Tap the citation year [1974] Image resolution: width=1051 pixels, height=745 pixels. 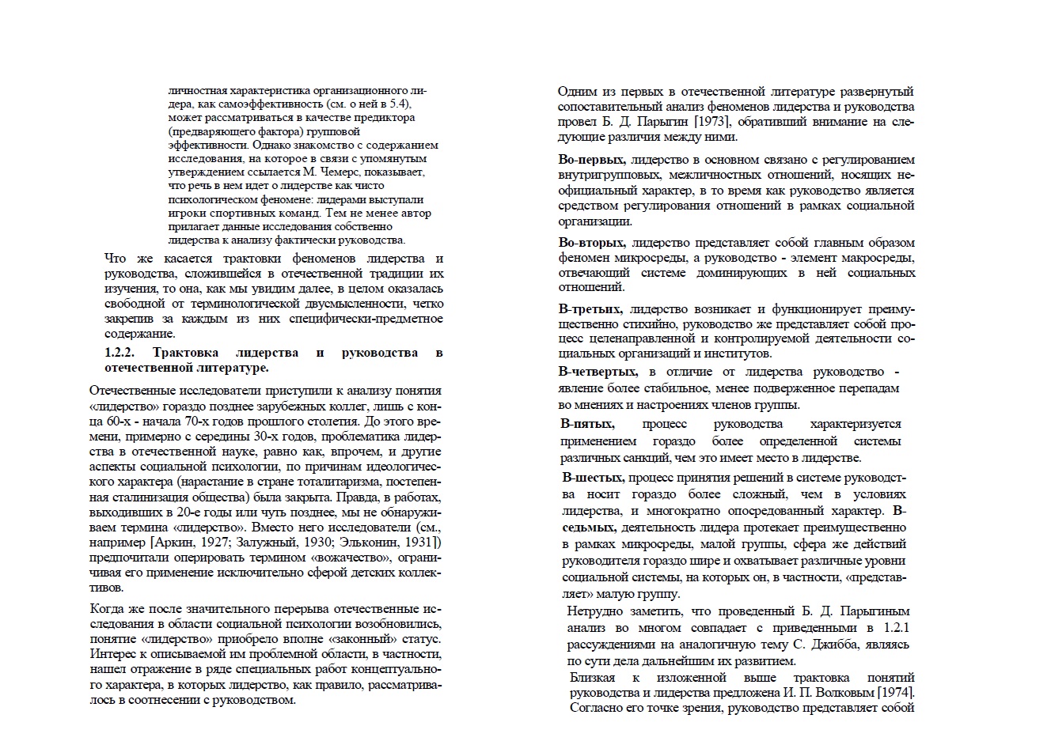pyautogui.click(x=894, y=693)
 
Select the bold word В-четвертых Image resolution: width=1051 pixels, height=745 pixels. pyautogui.click(x=598, y=372)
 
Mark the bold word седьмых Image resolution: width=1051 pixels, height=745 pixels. pyautogui.click(x=590, y=527)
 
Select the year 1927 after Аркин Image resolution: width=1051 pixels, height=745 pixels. pyautogui.click(x=211, y=543)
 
